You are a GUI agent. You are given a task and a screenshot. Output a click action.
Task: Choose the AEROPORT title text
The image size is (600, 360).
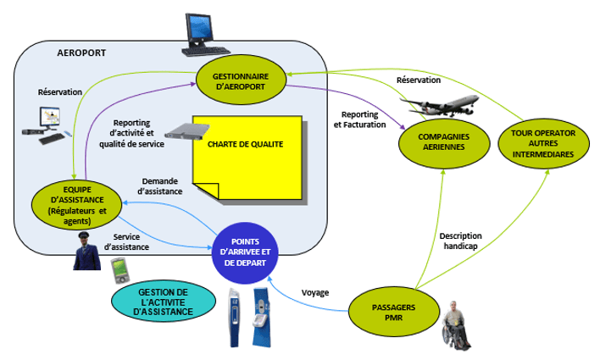point(81,52)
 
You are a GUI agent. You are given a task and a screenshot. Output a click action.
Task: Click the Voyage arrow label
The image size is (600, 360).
point(316,293)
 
